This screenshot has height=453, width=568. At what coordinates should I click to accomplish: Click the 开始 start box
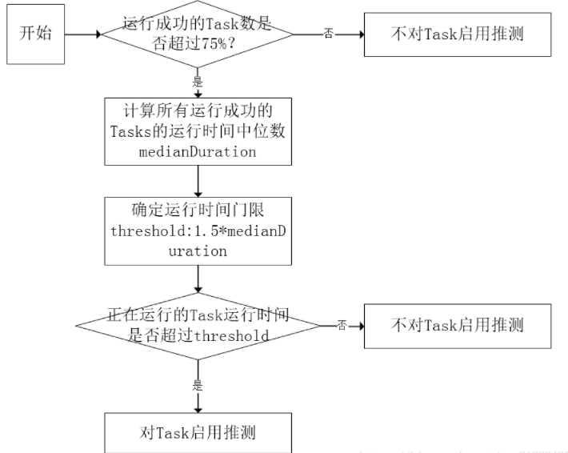click(x=34, y=35)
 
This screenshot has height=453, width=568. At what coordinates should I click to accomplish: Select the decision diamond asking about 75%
click(x=196, y=34)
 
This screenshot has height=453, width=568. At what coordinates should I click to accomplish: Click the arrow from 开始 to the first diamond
click(x=80, y=35)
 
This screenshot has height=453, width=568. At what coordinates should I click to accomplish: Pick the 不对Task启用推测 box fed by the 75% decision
click(x=458, y=35)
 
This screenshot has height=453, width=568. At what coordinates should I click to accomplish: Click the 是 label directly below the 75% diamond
click(x=197, y=81)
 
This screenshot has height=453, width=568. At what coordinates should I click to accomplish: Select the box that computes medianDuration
click(x=196, y=130)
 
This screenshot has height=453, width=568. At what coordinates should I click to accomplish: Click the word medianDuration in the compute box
click(x=196, y=151)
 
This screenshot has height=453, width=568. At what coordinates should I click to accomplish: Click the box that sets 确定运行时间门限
click(x=196, y=231)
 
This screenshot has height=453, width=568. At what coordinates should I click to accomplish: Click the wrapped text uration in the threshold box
click(x=196, y=251)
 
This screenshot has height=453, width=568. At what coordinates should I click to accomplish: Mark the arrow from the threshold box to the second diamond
click(x=197, y=280)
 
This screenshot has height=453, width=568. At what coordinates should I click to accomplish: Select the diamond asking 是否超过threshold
click(x=196, y=326)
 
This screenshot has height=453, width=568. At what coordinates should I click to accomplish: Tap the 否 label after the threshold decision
click(x=342, y=326)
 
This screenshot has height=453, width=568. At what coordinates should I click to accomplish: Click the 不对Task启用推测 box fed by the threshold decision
click(x=458, y=325)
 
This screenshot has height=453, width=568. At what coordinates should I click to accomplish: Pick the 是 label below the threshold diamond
click(x=197, y=385)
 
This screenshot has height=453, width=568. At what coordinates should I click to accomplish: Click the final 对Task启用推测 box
click(x=196, y=433)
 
